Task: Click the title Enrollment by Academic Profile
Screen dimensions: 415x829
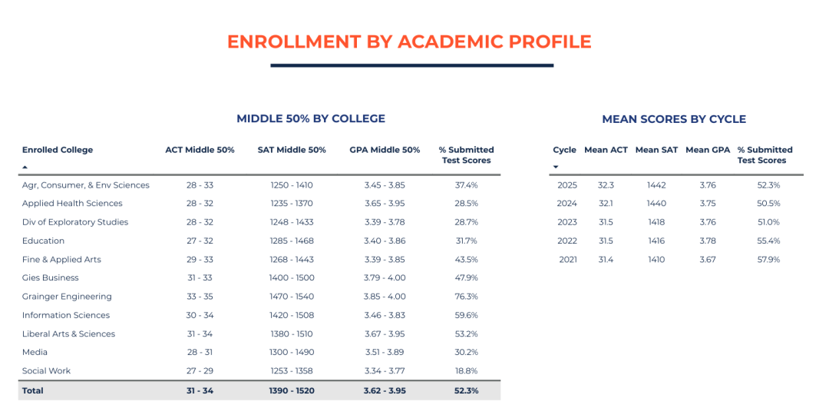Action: (409, 41)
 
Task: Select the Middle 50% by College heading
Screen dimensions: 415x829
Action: (311, 119)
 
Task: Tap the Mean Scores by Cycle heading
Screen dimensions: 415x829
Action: (674, 119)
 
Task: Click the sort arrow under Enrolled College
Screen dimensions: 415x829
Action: (25, 167)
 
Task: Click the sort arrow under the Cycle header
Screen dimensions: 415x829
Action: (556, 167)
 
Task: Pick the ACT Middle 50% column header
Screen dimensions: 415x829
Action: (200, 150)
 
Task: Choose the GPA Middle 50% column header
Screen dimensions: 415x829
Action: (385, 150)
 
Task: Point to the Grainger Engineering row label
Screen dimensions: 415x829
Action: (67, 297)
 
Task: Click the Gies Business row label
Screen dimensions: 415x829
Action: (51, 278)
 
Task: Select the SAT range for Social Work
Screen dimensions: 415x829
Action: (292, 371)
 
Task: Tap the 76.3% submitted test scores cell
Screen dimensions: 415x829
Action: (466, 297)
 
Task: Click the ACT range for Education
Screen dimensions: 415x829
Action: (200, 241)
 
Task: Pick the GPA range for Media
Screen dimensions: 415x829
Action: (385, 352)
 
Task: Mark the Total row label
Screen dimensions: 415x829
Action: (33, 390)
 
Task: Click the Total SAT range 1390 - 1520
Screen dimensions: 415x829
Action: (292, 390)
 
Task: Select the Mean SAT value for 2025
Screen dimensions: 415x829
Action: (656, 185)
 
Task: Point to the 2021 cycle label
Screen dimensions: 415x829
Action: (567, 260)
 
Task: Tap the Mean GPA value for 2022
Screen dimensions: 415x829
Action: (708, 241)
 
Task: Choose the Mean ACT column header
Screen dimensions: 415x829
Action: (606, 150)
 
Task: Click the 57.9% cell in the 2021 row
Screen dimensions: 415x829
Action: (768, 260)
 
